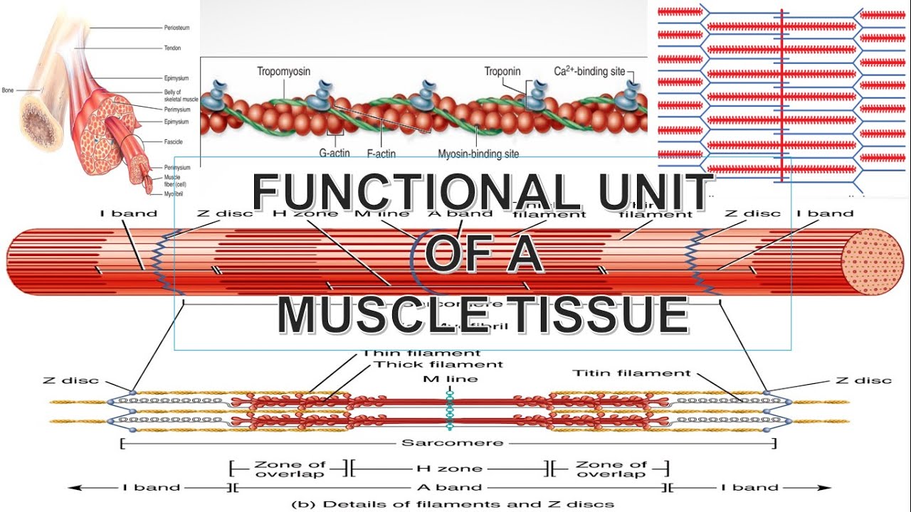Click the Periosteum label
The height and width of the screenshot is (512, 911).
pyautogui.click(x=177, y=28)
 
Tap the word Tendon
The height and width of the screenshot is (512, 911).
pyautogui.click(x=173, y=48)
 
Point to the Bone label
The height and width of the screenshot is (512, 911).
pyautogui.click(x=8, y=90)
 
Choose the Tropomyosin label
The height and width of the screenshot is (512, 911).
pyautogui.click(x=283, y=72)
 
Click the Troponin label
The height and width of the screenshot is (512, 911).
pyautogui.click(x=502, y=72)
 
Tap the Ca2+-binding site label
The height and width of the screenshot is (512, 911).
pyautogui.click(x=589, y=72)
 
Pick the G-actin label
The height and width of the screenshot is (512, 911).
pyautogui.click(x=335, y=153)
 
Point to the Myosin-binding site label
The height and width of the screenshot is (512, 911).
pyautogui.click(x=478, y=153)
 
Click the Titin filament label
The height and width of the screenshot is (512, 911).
pyautogui.click(x=631, y=373)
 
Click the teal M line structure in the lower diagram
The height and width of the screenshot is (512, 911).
pyautogui.click(x=450, y=410)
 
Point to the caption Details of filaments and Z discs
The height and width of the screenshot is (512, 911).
pyautogui.click(x=453, y=504)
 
